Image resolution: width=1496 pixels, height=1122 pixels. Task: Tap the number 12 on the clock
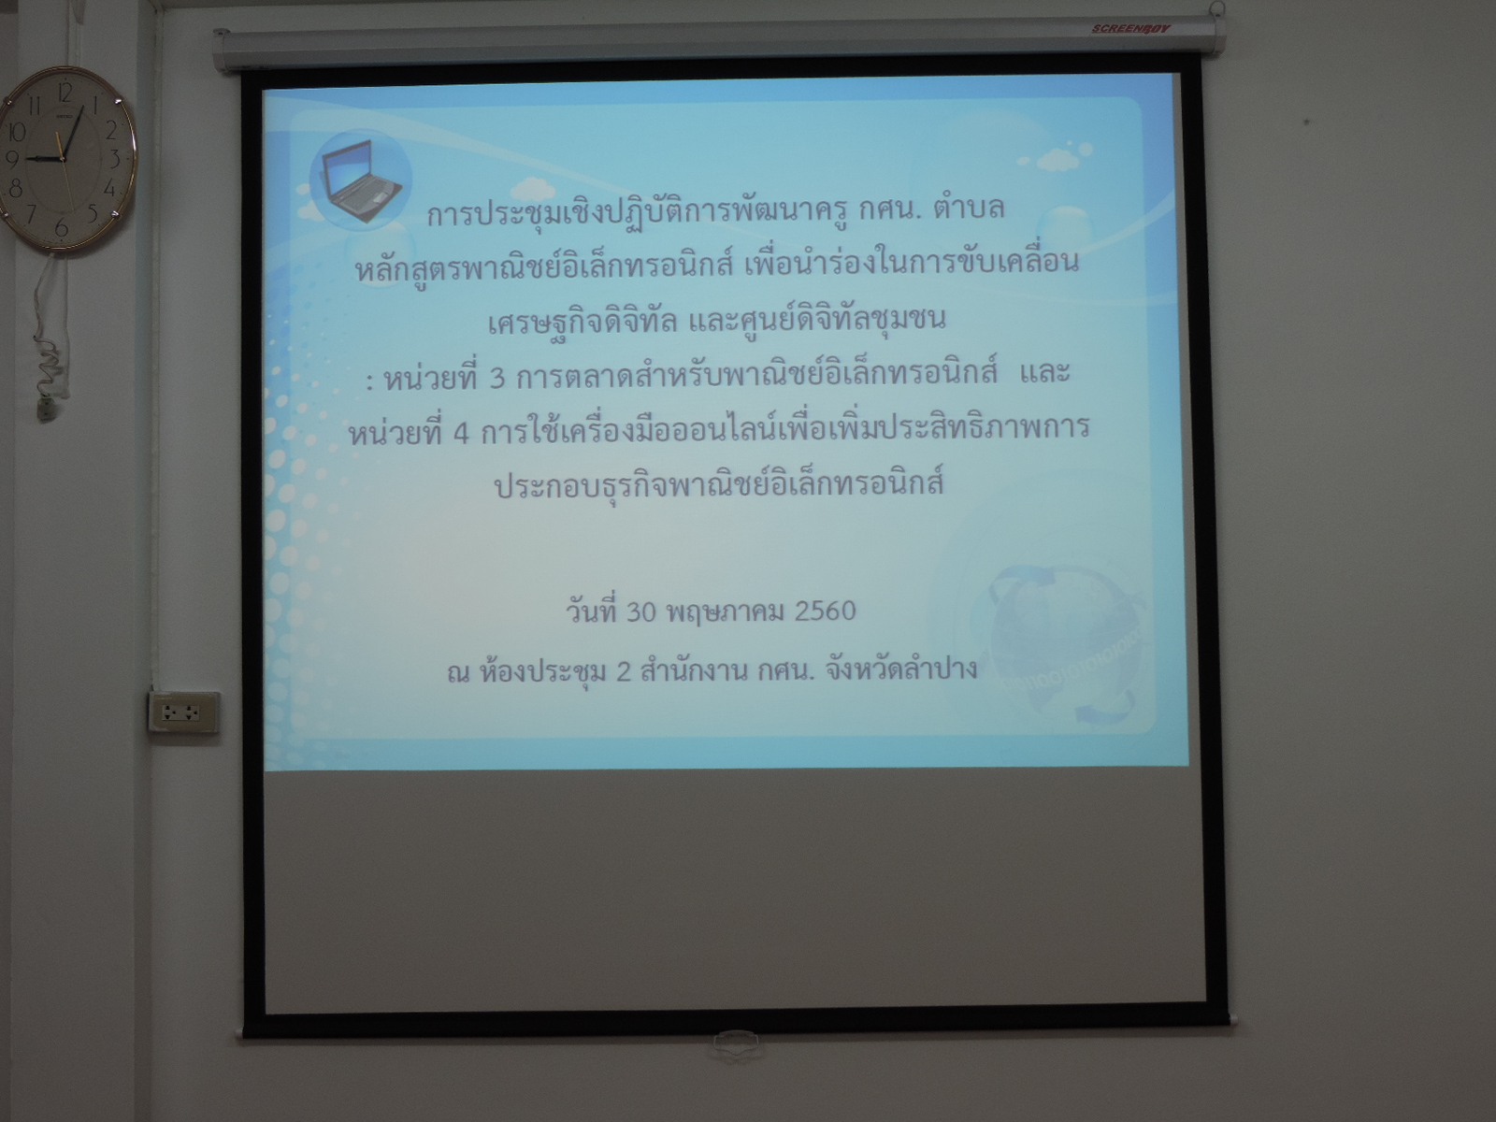(65, 91)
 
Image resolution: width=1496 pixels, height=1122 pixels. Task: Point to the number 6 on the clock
(62, 227)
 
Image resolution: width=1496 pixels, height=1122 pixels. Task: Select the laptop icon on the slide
(360, 180)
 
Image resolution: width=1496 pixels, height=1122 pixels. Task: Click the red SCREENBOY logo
(1130, 29)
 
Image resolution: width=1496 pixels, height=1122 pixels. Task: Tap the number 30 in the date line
(640, 611)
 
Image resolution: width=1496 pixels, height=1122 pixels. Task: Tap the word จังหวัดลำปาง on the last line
(901, 669)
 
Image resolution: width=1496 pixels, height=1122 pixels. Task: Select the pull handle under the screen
(736, 1045)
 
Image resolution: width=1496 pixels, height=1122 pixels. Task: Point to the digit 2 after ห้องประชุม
(623, 671)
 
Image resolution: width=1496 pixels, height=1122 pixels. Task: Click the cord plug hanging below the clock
(47, 409)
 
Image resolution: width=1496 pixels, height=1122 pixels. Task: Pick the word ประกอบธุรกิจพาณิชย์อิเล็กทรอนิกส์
(718, 485)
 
